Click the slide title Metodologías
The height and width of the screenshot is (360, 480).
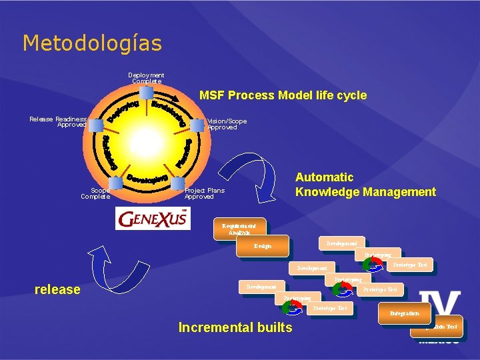(92, 43)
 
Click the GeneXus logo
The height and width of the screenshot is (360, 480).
(153, 219)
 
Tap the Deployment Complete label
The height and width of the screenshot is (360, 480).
(147, 78)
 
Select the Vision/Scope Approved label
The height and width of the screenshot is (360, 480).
(227, 124)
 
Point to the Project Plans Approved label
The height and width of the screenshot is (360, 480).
(204, 193)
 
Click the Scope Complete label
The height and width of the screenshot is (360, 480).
(95, 193)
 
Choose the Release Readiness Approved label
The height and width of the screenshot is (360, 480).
(58, 121)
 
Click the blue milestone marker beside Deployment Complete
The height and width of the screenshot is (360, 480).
(146, 93)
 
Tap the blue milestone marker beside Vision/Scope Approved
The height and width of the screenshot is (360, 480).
(197, 125)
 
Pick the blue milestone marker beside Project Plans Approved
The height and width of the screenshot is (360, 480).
(177, 184)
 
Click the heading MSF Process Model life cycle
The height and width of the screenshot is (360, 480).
(283, 95)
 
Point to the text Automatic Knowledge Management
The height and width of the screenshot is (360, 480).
(365, 185)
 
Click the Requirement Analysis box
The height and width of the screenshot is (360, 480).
(239, 227)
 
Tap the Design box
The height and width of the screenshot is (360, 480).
(262, 246)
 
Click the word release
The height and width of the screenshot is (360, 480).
(57, 289)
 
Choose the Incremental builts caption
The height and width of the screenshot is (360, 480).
(235, 327)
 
